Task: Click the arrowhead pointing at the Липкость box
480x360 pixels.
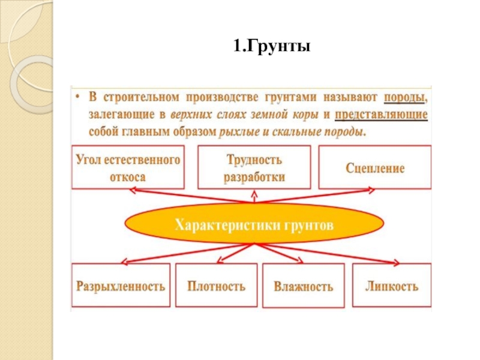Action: [396, 262]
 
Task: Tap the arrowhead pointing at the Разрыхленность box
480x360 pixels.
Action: [124, 262]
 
